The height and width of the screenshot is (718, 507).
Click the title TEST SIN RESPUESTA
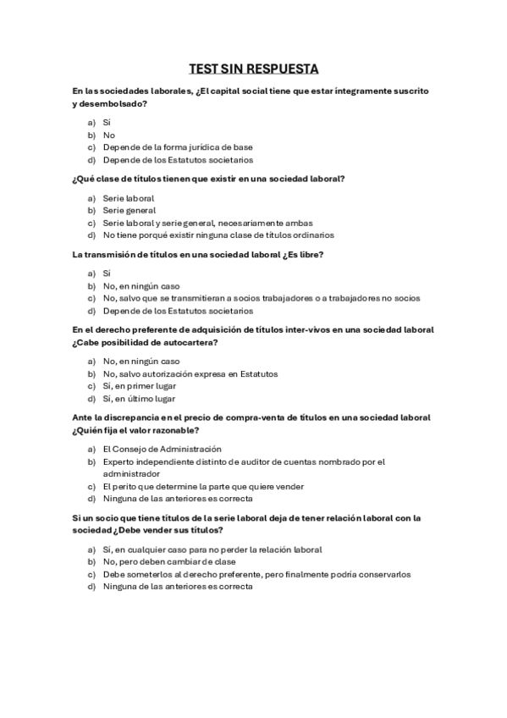pyautogui.click(x=253, y=69)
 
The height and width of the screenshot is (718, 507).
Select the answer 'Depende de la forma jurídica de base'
pyautogui.click(x=177, y=146)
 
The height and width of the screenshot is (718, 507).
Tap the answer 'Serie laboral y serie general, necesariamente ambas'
pyautogui.click(x=196, y=223)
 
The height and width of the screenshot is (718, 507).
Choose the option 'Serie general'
pyautogui.click(x=129, y=210)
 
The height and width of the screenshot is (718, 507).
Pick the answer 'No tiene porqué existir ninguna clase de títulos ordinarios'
pyautogui.click(x=218, y=235)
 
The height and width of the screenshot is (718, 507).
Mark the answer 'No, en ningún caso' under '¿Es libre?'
pyautogui.click(x=141, y=286)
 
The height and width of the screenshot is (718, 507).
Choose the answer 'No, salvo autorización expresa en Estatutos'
pyautogui.click(x=190, y=373)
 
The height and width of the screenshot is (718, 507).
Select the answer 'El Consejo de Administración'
pyautogui.click(x=162, y=449)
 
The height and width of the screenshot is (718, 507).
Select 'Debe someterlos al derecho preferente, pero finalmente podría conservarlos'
pyautogui.click(x=256, y=574)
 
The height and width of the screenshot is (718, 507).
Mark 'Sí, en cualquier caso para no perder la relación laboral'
pyautogui.click(x=212, y=550)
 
